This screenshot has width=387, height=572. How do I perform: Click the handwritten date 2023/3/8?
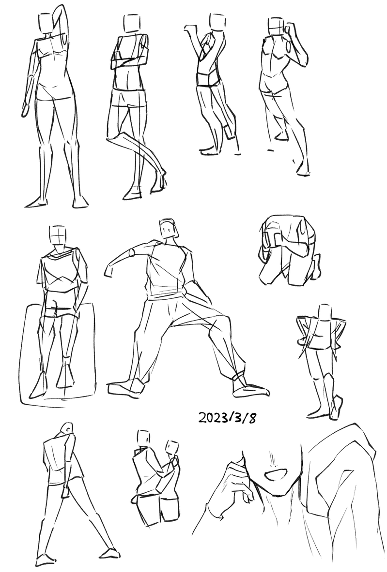tap(227, 417)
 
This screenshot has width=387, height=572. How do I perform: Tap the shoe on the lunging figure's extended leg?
tap(251, 390)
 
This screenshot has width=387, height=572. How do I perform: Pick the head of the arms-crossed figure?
tap(130, 23)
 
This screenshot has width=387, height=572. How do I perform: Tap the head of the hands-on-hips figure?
tap(325, 312)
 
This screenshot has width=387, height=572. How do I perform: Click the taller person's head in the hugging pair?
tap(144, 437)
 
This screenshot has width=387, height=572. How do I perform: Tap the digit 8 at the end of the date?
tap(251, 418)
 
